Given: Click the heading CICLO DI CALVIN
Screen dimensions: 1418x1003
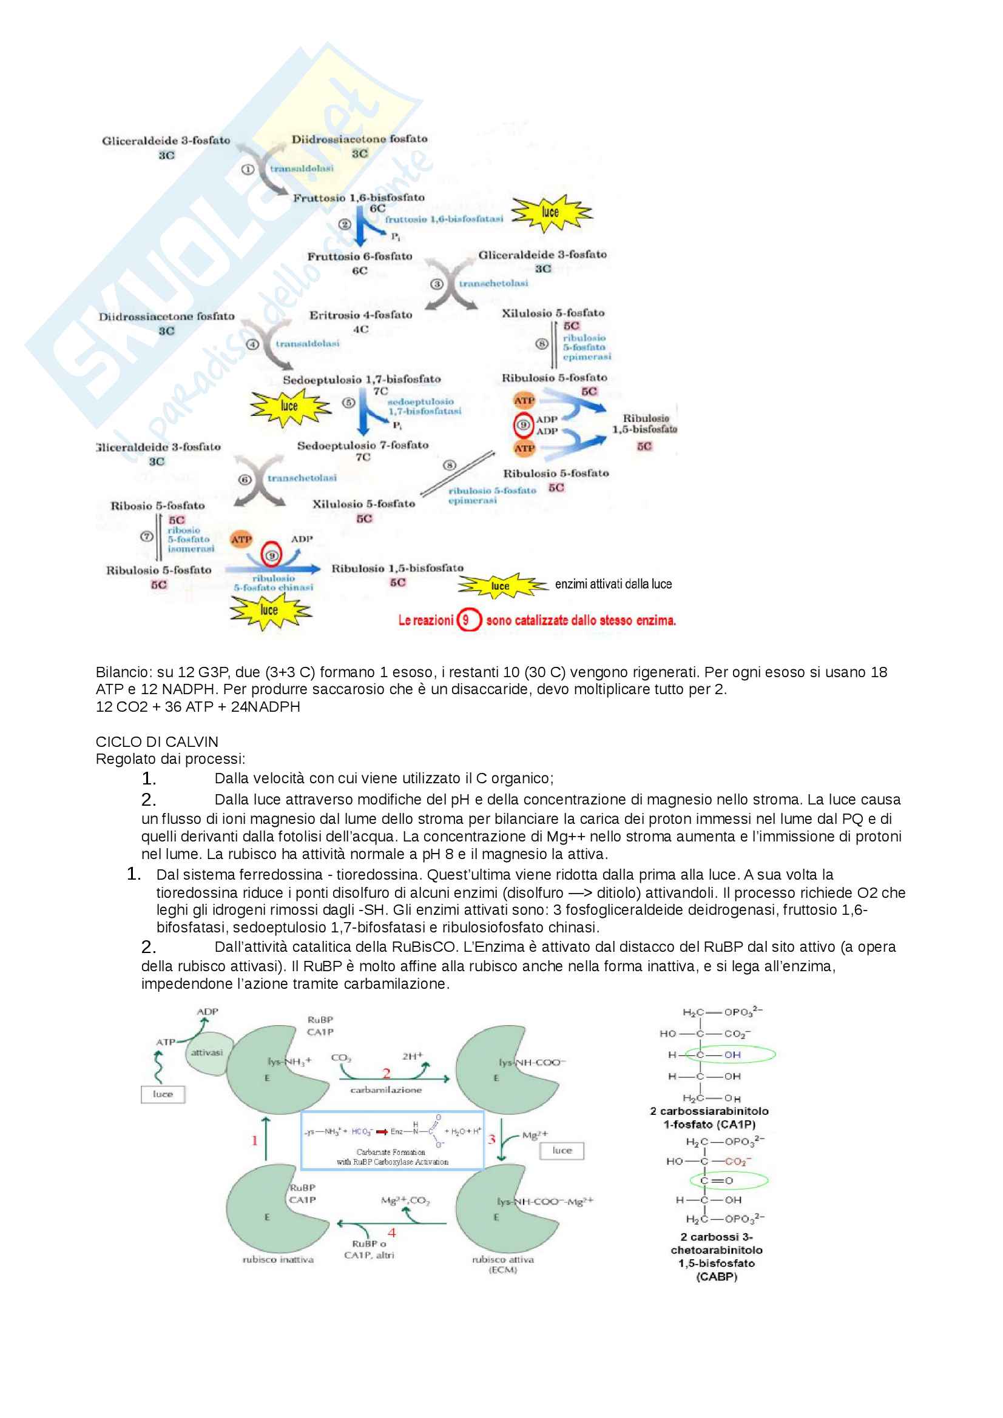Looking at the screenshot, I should (157, 741).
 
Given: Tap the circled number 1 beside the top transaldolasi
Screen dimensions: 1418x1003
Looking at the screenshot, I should (247, 169).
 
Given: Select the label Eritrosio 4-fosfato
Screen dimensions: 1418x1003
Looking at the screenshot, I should (360, 315).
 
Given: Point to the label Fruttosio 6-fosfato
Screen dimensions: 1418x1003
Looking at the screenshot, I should (360, 256).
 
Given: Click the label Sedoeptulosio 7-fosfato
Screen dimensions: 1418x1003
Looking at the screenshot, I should (362, 446).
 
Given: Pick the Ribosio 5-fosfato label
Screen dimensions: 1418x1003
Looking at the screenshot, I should (157, 506).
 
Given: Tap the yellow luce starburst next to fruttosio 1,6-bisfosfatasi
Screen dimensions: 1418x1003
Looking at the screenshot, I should (550, 212).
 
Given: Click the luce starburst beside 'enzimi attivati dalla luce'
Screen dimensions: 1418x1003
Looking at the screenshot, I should (501, 586).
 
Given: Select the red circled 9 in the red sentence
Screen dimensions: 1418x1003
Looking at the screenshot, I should (467, 620).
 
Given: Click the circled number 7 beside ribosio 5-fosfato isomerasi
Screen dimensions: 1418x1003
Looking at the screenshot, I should (146, 537).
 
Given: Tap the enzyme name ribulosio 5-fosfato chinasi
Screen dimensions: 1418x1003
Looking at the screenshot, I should (273, 583).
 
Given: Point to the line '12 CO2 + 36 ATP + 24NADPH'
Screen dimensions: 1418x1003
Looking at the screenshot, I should (198, 706).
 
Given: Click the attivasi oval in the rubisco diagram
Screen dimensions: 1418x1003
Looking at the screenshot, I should (207, 1052).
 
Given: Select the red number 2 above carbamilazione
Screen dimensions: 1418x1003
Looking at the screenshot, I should (387, 1074).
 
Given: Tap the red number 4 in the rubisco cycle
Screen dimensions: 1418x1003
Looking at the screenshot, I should (391, 1232).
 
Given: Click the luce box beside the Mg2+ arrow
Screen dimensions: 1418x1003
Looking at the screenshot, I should (562, 1150).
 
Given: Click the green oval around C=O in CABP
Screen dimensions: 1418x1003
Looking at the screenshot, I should (729, 1180).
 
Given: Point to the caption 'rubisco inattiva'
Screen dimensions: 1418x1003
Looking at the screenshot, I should (277, 1260).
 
